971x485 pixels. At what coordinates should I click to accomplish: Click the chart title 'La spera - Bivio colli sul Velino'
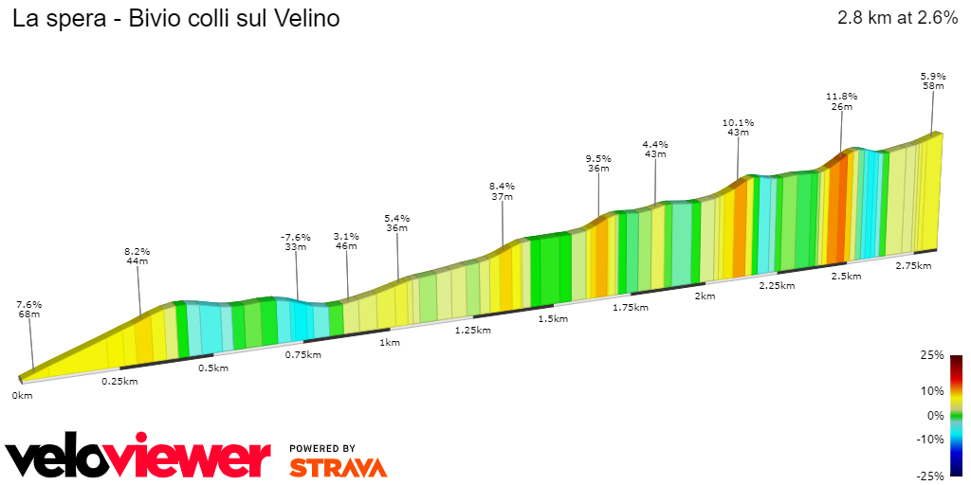175,19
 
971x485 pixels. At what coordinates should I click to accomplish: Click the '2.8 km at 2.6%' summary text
897,18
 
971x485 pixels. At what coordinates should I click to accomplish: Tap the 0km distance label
22,395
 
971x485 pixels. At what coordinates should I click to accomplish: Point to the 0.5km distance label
212,368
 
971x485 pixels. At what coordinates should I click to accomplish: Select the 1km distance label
388,342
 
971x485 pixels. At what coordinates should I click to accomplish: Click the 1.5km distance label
553,318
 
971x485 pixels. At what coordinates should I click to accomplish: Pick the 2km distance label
705,296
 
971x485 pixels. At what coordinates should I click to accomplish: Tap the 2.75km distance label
913,266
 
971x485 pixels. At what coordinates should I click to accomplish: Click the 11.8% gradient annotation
841,96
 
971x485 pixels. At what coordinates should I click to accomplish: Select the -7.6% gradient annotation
295,236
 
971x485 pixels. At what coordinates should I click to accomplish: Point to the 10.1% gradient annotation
738,122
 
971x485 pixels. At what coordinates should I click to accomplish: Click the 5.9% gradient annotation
933,76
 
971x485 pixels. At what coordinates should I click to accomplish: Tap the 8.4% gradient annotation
502,186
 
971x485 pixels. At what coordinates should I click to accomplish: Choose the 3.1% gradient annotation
346,235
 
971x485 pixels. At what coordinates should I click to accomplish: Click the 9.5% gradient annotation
597,158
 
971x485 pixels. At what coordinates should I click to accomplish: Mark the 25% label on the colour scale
932,355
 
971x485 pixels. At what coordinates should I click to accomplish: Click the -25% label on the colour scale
930,476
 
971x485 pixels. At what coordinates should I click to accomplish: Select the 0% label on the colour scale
935,415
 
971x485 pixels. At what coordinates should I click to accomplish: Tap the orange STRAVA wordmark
338,467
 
